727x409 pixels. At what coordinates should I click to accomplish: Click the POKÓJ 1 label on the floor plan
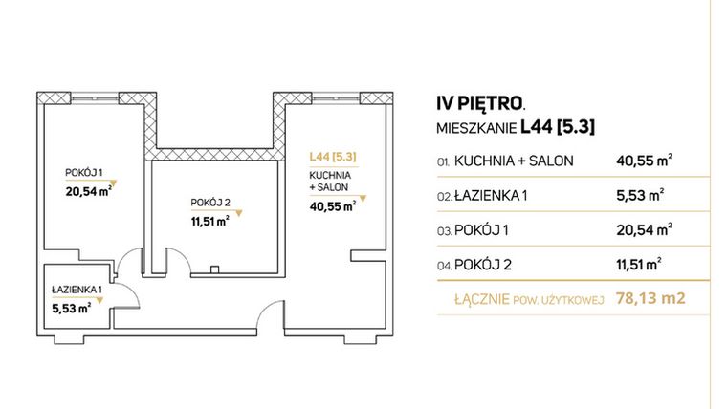[x=82, y=172]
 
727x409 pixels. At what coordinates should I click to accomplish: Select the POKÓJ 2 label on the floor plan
[x=209, y=203]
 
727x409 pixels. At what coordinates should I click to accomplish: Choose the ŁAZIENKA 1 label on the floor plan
[x=79, y=289]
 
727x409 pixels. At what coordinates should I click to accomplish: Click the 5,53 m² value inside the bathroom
[x=71, y=307]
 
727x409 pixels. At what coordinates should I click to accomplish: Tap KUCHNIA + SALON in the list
[x=514, y=161]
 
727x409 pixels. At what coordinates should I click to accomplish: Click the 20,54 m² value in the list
[x=644, y=229]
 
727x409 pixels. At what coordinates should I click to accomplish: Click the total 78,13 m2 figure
[x=653, y=299]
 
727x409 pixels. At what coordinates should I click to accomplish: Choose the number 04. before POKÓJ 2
[x=443, y=265]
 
